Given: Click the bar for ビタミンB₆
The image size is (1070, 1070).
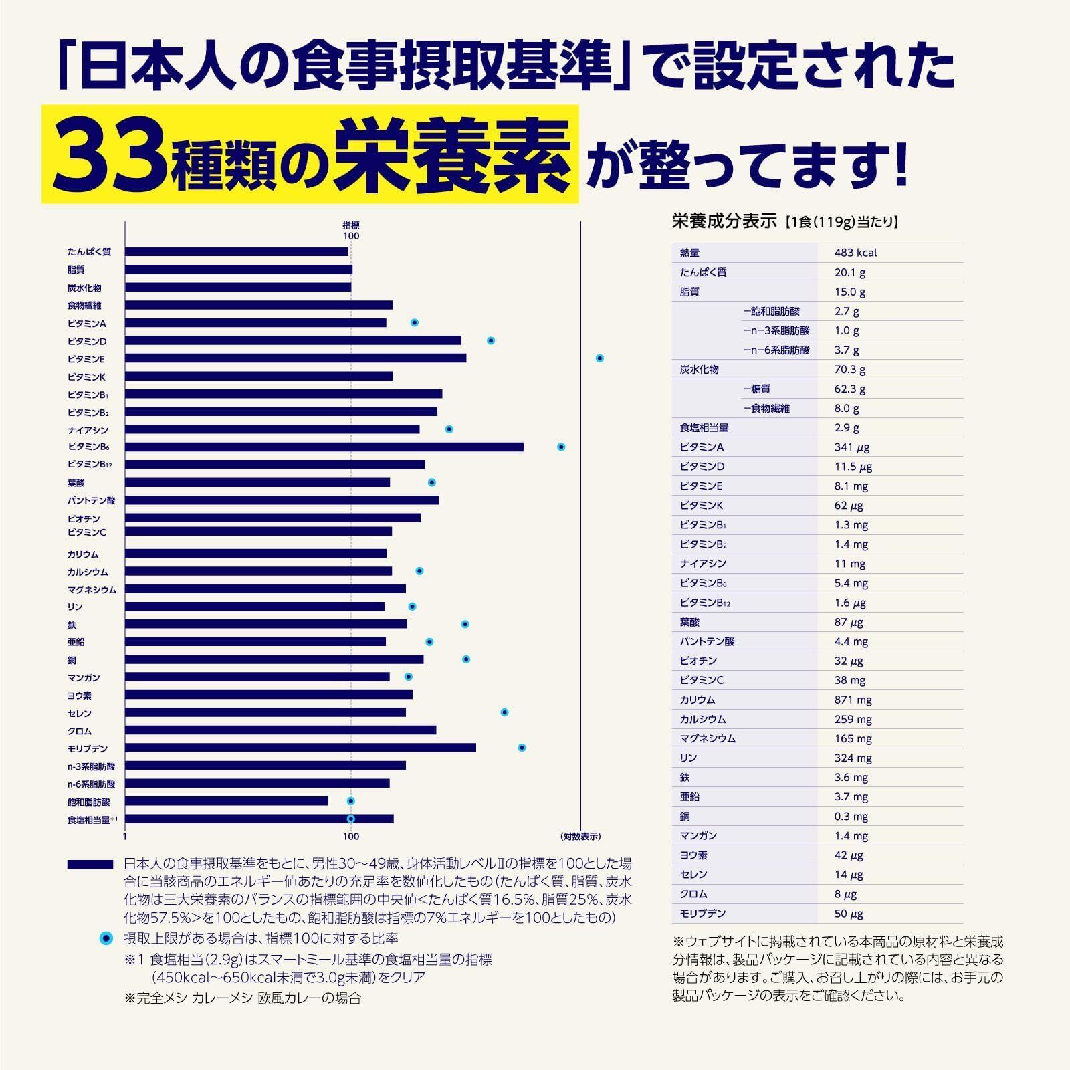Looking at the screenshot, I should point(324,447).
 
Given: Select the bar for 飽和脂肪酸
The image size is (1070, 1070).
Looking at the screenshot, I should point(226,801).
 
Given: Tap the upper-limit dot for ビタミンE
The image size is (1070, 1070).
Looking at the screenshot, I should point(600,358).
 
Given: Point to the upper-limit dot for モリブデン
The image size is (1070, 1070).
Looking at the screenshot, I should point(522,748).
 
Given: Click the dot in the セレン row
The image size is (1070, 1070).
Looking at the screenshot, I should point(505,712).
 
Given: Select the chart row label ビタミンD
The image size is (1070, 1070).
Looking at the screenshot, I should point(87,342).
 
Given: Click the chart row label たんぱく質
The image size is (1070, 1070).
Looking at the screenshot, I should point(89,252).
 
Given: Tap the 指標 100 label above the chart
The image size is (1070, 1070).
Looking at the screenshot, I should point(351,231).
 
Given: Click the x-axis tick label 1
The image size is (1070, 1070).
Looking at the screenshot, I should point(125,837).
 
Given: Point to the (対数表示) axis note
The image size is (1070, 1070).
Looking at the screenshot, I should point(580,837).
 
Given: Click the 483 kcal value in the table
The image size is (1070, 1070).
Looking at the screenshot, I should point(855,253).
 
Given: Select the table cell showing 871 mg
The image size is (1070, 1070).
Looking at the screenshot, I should point(853,700).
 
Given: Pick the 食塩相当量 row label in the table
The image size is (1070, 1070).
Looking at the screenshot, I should point(704,428).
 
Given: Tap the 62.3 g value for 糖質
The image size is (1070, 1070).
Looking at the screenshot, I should point(849,389).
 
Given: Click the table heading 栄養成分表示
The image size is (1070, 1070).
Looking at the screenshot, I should point(724,221).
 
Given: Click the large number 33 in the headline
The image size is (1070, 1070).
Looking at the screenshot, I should point(110,156).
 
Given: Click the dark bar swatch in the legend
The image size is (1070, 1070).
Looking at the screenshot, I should point(90,865).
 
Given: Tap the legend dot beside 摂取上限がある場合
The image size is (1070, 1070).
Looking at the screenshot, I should point(106,939).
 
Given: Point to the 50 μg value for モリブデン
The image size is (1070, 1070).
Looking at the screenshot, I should point(849,914).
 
